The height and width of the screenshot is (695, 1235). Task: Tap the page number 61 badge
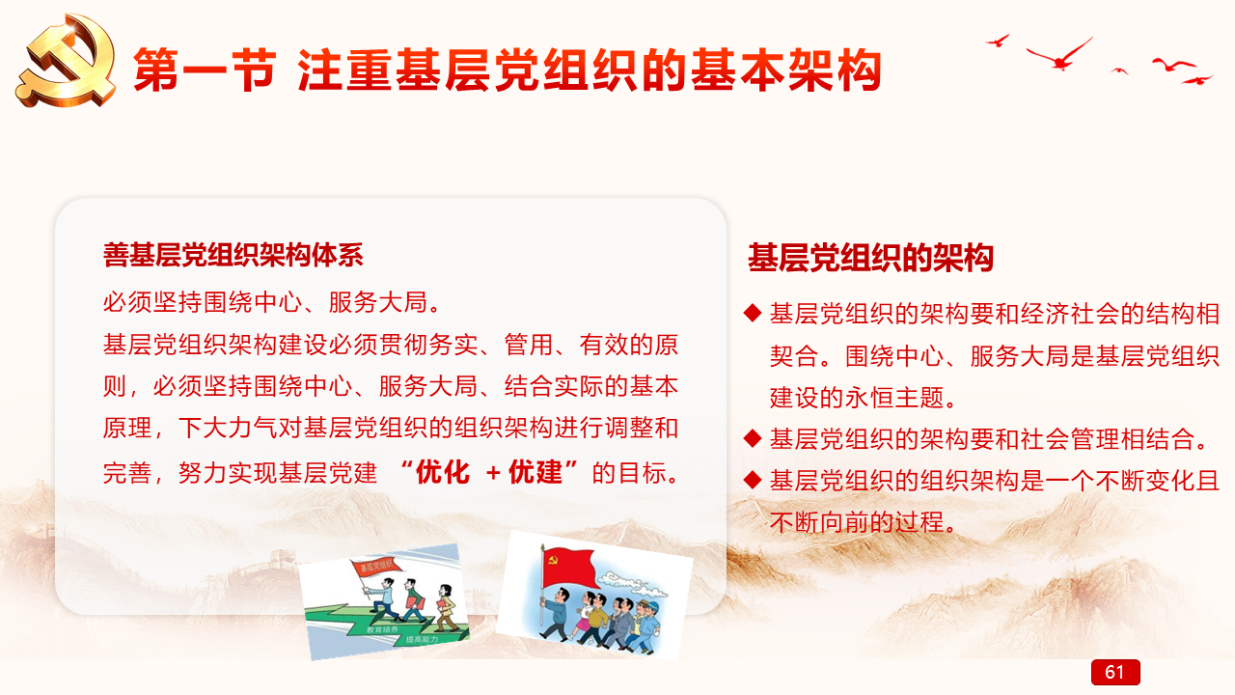pos(1115,672)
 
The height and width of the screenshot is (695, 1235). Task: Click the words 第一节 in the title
pos(205,70)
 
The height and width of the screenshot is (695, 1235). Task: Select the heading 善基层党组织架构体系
pos(233,255)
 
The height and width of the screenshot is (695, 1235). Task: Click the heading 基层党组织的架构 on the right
pos(870,258)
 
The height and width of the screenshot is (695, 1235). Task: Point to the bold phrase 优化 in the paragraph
pos(442,472)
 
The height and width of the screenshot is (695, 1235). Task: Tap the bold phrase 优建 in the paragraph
pos(535,472)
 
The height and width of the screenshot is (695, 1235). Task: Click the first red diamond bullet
pos(753,313)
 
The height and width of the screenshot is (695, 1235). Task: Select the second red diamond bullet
pos(753,438)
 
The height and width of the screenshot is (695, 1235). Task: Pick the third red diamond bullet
pos(753,480)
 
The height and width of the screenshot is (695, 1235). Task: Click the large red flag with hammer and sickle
pos(569,569)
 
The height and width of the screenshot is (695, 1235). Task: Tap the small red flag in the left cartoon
pos(377,567)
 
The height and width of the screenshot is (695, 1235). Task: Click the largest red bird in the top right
pos(1059,55)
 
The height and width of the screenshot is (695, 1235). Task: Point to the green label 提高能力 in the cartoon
pos(423,639)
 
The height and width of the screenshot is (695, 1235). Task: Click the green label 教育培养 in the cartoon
pos(383,629)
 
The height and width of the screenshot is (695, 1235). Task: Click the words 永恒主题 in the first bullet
pos(894,398)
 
